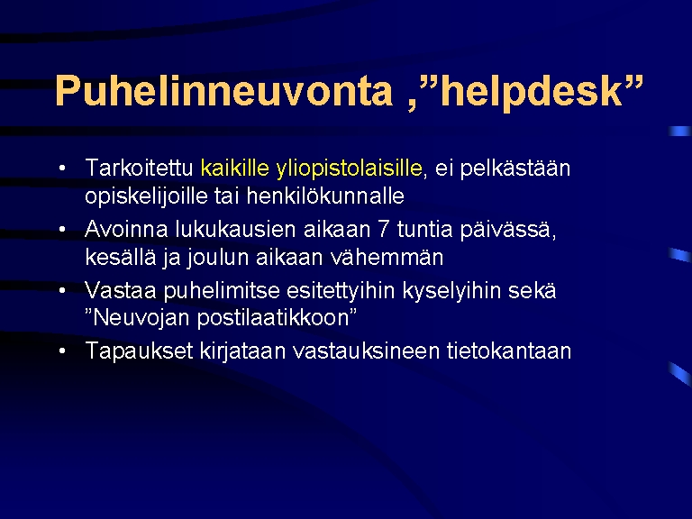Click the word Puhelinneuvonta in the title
[x=223, y=90]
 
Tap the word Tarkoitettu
[x=139, y=168]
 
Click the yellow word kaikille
[x=235, y=168]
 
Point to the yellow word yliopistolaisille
[x=349, y=169]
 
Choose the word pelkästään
[x=515, y=168]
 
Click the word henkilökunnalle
[x=325, y=196]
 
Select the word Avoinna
[x=127, y=229]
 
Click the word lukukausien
[x=235, y=229]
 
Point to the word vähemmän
[x=387, y=257]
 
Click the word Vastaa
[x=121, y=290]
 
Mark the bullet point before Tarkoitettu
[x=62, y=168]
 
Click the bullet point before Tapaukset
[x=62, y=351]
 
